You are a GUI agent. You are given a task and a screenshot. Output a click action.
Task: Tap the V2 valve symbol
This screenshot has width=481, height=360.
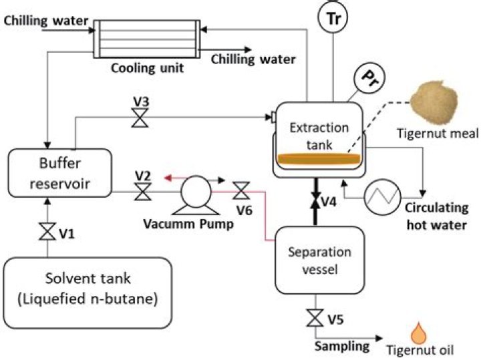pyautogui.click(x=142, y=192)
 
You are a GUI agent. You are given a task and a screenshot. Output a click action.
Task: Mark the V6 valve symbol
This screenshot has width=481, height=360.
pyautogui.click(x=241, y=192)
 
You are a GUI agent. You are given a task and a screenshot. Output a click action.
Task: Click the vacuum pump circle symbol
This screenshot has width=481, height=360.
pyautogui.click(x=195, y=191)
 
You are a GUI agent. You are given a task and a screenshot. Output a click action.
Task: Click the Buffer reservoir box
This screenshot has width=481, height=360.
pyautogui.click(x=58, y=173)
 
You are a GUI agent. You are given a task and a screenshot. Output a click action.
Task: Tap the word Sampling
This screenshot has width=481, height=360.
pyautogui.click(x=342, y=345)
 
